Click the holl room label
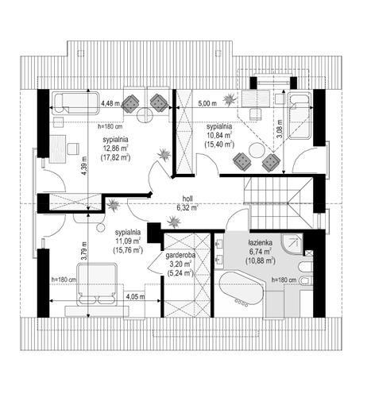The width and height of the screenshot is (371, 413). [187, 199]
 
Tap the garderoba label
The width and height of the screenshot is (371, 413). [180, 256]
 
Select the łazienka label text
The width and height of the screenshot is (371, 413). [261, 243]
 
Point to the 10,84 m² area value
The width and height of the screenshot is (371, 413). [219, 135]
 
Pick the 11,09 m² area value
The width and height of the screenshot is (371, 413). [128, 241]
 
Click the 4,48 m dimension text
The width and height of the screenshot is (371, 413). [110, 103]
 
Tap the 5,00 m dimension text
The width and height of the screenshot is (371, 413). [207, 103]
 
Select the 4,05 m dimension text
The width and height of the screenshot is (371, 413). [136, 296]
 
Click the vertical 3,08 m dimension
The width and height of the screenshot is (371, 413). [280, 129]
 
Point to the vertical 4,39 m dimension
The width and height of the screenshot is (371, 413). [84, 166]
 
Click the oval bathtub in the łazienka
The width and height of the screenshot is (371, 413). [242, 289]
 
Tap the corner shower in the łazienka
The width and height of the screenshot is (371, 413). [292, 244]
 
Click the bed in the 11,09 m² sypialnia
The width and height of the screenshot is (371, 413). [97, 284]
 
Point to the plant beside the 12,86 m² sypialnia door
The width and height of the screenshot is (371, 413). [164, 154]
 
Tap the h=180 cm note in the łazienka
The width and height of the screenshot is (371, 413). [284, 280]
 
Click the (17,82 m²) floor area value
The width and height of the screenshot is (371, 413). [116, 157]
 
